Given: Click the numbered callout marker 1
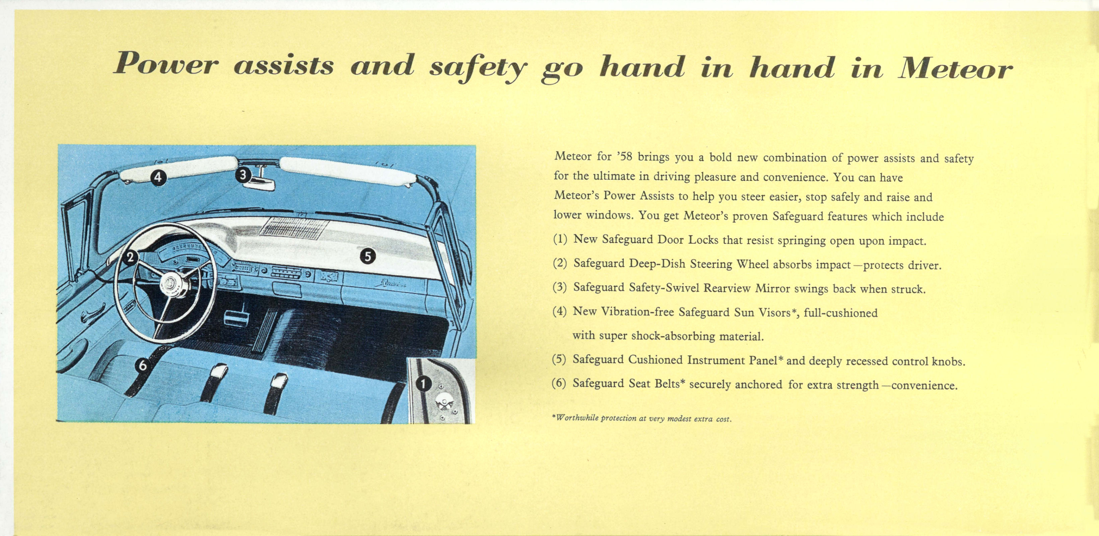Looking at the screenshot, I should (x=423, y=384).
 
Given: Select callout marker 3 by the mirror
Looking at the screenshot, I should (x=243, y=175).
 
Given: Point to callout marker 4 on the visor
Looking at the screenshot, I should (x=158, y=177).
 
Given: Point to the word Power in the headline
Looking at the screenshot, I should (x=166, y=64).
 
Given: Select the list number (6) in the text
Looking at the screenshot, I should (x=559, y=383).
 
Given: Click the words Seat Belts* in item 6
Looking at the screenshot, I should (x=657, y=384).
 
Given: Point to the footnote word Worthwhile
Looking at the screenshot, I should (x=577, y=418).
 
